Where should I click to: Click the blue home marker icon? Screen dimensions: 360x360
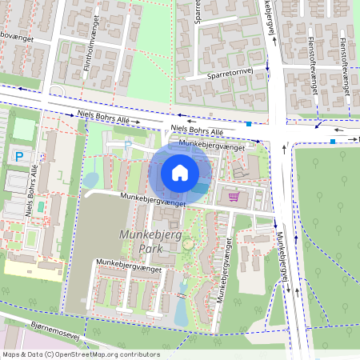pyautogui.click(x=180, y=173)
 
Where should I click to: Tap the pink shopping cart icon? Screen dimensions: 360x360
pyautogui.click(x=234, y=196)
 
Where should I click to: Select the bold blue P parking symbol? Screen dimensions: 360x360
pyautogui.click(x=18, y=156)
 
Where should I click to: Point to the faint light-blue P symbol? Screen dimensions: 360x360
pyautogui.click(x=127, y=145)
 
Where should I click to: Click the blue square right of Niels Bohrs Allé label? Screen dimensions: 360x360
pyautogui.click(x=250, y=124)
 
